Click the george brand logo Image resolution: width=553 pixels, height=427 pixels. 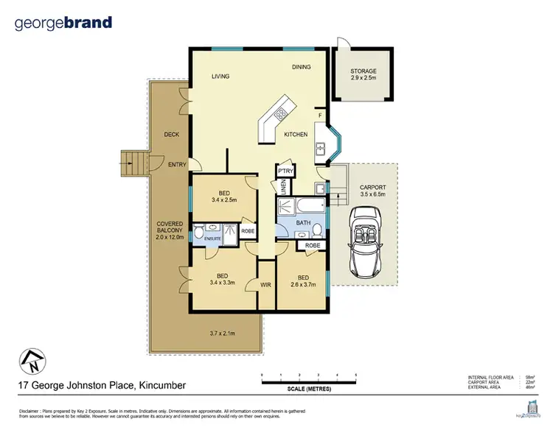tap(63, 22)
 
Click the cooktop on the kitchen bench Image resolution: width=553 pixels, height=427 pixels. tap(280, 114)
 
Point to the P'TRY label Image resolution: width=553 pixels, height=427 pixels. tap(285, 171)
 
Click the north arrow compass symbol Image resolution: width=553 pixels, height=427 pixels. tap(32, 362)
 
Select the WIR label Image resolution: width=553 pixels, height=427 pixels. tap(265, 283)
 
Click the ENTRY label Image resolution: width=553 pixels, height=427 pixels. tap(177, 165)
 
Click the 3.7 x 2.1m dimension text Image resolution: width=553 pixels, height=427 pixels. tap(221, 333)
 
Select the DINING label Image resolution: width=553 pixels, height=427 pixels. tap(301, 67)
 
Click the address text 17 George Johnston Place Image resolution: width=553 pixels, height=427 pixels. tap(101, 386)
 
